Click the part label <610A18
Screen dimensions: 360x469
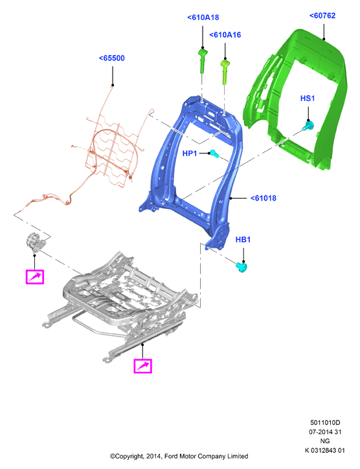pyautogui.click(x=203, y=17)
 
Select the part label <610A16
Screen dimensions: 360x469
pyautogui.click(x=225, y=35)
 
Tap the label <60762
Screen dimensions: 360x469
pyautogui.click(x=322, y=16)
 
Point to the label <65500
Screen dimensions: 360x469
pyautogui.click(x=112, y=58)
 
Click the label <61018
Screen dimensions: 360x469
pyautogui.click(x=264, y=198)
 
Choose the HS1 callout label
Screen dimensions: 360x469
pyautogui.click(x=308, y=98)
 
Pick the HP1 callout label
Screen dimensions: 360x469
pyautogui.click(x=190, y=153)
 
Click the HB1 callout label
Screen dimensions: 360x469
pyautogui.click(x=243, y=239)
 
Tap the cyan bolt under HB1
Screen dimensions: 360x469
pyautogui.click(x=242, y=267)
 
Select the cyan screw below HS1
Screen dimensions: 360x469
pyautogui.click(x=308, y=125)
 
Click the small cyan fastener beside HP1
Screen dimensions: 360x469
pyautogui.click(x=214, y=154)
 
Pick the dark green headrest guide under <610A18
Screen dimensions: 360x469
pyautogui.click(x=203, y=61)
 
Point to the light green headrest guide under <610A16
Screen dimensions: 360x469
pyautogui.click(x=225, y=72)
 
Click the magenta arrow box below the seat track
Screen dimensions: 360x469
pyautogui.click(x=142, y=365)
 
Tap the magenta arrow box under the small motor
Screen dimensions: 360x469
pyautogui.click(x=35, y=277)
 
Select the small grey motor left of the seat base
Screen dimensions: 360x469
pyautogui.click(x=35, y=243)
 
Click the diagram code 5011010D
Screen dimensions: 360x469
pyautogui.click(x=325, y=422)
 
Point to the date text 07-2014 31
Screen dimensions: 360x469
pyautogui.click(x=325, y=432)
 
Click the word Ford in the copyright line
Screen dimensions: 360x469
pyautogui.click(x=171, y=457)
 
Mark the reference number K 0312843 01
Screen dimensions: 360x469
pyautogui.click(x=325, y=450)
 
